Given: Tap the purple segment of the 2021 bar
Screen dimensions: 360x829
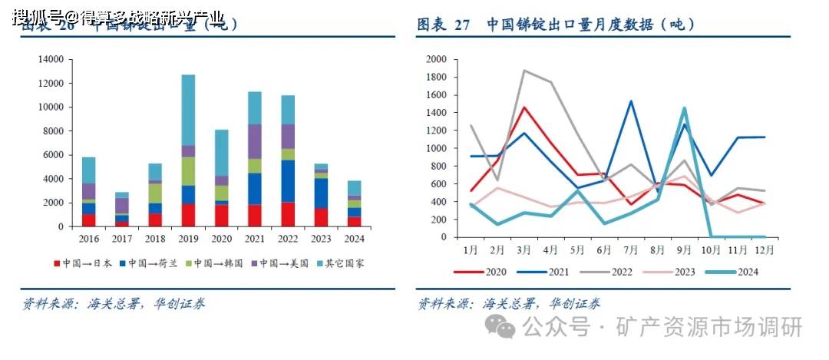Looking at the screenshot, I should click(254, 141).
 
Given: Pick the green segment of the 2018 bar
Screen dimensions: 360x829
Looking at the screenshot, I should click(155, 193).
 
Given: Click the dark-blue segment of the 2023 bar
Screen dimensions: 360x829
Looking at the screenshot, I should click(320, 193).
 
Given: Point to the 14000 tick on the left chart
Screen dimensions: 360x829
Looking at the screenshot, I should click(50, 59).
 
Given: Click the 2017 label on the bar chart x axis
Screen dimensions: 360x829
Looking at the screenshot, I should click(122, 238).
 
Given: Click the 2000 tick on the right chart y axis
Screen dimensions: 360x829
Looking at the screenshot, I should click(436, 59).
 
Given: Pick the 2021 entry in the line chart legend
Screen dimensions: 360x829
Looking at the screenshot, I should click(544, 271).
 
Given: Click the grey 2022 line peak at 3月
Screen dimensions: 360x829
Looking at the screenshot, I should click(524, 71).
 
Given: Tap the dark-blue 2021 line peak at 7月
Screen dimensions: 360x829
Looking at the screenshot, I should click(630, 101).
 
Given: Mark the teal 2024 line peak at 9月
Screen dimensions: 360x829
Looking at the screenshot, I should click(683, 108).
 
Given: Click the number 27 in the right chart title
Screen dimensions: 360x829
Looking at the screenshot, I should click(462, 25).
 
